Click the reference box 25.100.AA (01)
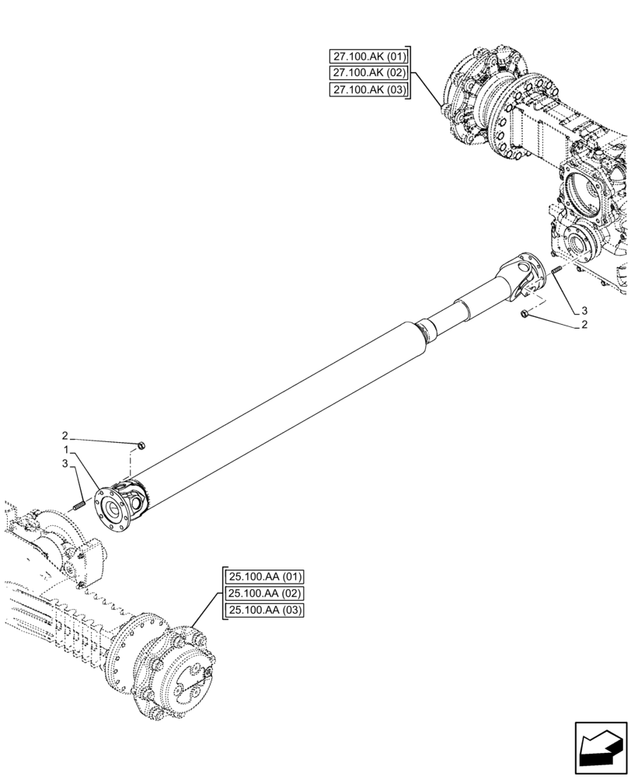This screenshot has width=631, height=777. point(265,577)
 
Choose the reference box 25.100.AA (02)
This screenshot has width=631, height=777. point(265,594)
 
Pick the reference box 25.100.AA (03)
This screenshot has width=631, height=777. point(265,611)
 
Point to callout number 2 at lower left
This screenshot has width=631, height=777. point(66,435)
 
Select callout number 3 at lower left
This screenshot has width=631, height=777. point(66,464)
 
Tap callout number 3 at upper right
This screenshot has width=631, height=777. point(584,311)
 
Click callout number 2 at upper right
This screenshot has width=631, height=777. point(584,326)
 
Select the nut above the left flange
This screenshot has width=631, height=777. point(141,446)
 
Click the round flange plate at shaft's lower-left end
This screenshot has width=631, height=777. point(112,510)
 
